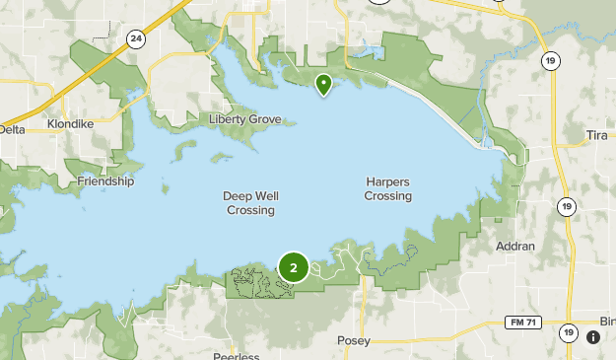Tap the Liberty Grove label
pos(245,120)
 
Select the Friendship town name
pos(105,181)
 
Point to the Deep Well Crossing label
pos(249,203)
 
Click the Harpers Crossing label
pos(387,189)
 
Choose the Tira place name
pos(598,134)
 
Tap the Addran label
pos(516,246)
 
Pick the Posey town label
pos(353,341)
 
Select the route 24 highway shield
pos(135,39)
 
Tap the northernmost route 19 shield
pos(548,60)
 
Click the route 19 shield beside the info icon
pos(568,333)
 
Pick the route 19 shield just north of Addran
pos(565,206)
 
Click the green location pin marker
pos(322,85)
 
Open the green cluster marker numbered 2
pos(293,267)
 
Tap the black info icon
pos(593,337)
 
